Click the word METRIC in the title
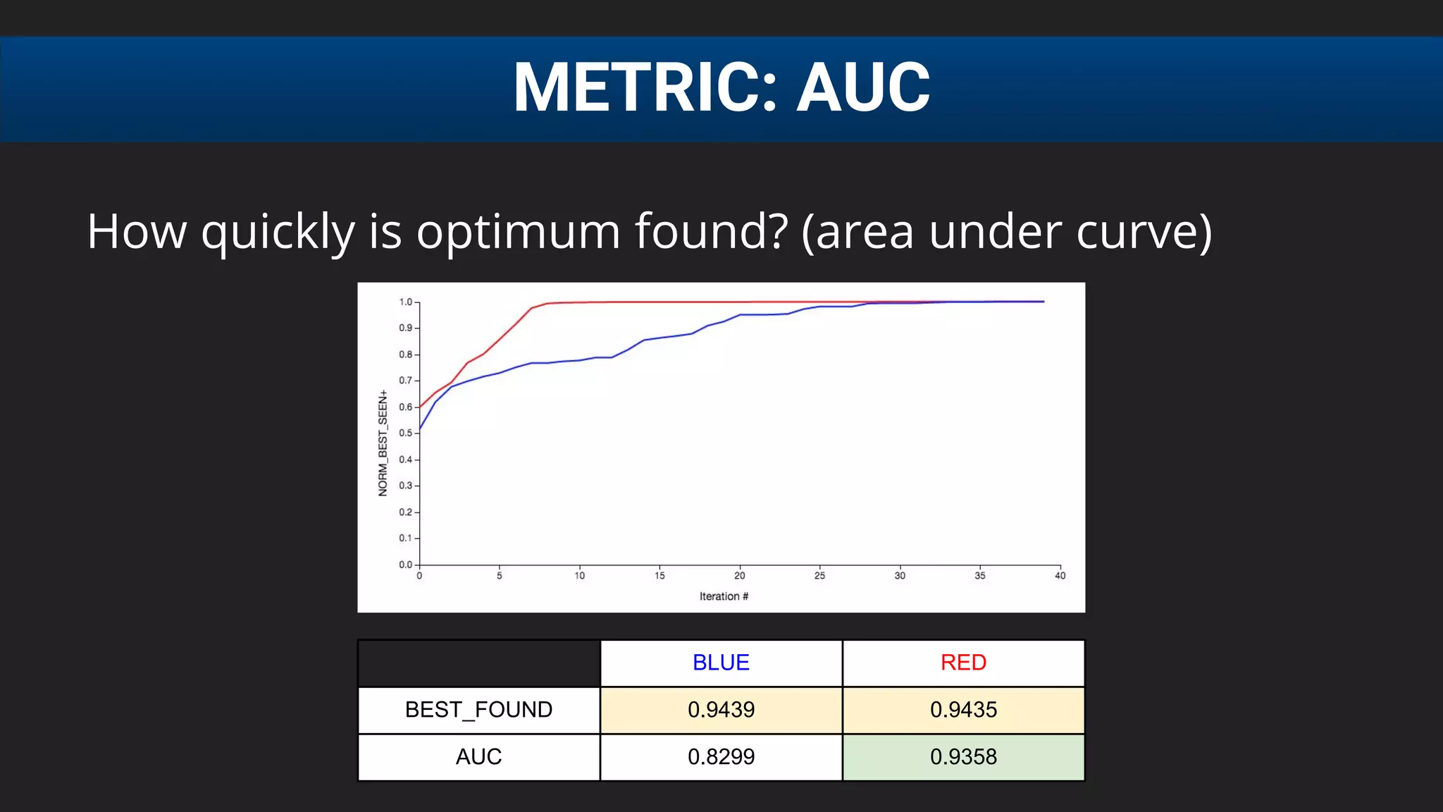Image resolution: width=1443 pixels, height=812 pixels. click(645, 87)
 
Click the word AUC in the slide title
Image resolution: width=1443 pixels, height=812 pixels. click(863, 87)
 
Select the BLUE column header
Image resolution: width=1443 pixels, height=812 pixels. click(721, 663)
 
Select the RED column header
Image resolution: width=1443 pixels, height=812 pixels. click(963, 663)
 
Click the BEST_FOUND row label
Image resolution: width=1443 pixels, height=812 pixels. click(478, 710)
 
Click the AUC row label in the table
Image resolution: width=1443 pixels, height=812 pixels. click(478, 757)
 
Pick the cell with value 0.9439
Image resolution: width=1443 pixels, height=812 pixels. click(721, 710)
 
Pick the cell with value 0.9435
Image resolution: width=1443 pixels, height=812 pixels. click(963, 710)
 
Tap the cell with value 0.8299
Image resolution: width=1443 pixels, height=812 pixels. click(721, 757)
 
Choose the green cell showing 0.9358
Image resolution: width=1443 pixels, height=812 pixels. click(963, 757)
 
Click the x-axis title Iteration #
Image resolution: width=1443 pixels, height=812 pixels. click(724, 596)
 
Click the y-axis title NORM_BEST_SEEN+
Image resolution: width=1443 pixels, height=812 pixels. click(383, 443)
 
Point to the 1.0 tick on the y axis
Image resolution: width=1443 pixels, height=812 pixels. click(406, 302)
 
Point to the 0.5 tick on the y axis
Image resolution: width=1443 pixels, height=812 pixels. click(406, 433)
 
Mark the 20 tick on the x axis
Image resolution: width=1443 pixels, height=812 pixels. click(740, 576)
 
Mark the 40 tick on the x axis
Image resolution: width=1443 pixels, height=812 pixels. click(1060, 576)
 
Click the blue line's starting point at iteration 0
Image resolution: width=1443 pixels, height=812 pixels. click(420, 429)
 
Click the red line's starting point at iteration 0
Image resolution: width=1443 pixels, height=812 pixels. click(420, 407)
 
